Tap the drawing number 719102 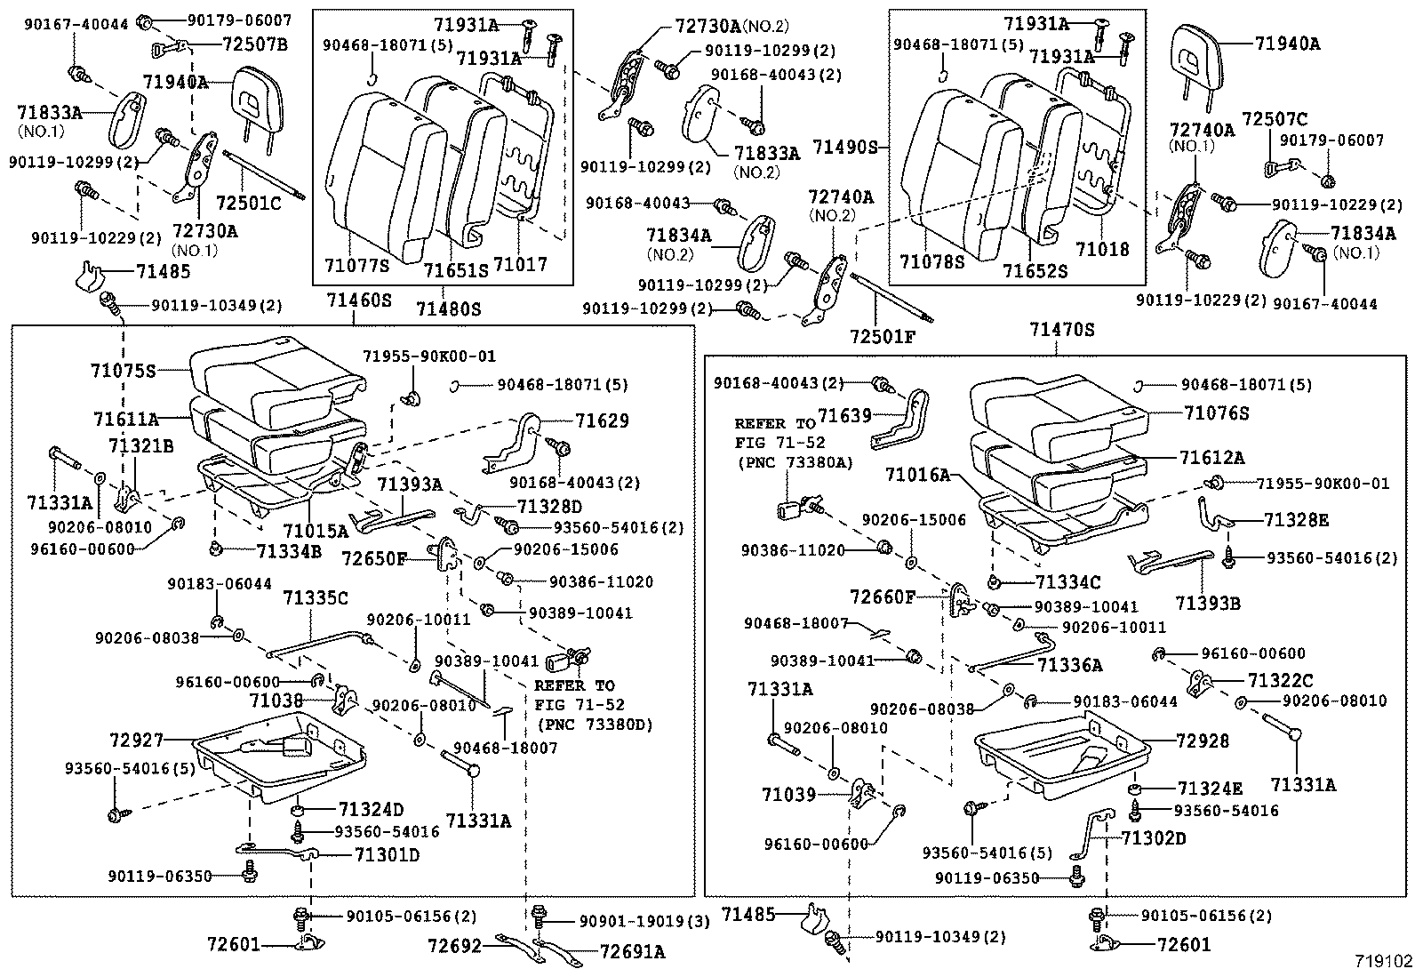click(1383, 962)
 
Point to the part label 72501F click(882, 337)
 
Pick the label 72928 click(1202, 741)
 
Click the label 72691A click(632, 952)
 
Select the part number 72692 click(453, 946)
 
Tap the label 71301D click(387, 855)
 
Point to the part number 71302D click(1153, 837)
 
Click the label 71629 click(602, 420)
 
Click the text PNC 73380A click(794, 462)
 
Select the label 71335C click(316, 597)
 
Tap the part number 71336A click(1069, 664)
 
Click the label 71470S click(1062, 330)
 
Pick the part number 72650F click(374, 558)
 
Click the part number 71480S click(448, 308)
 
